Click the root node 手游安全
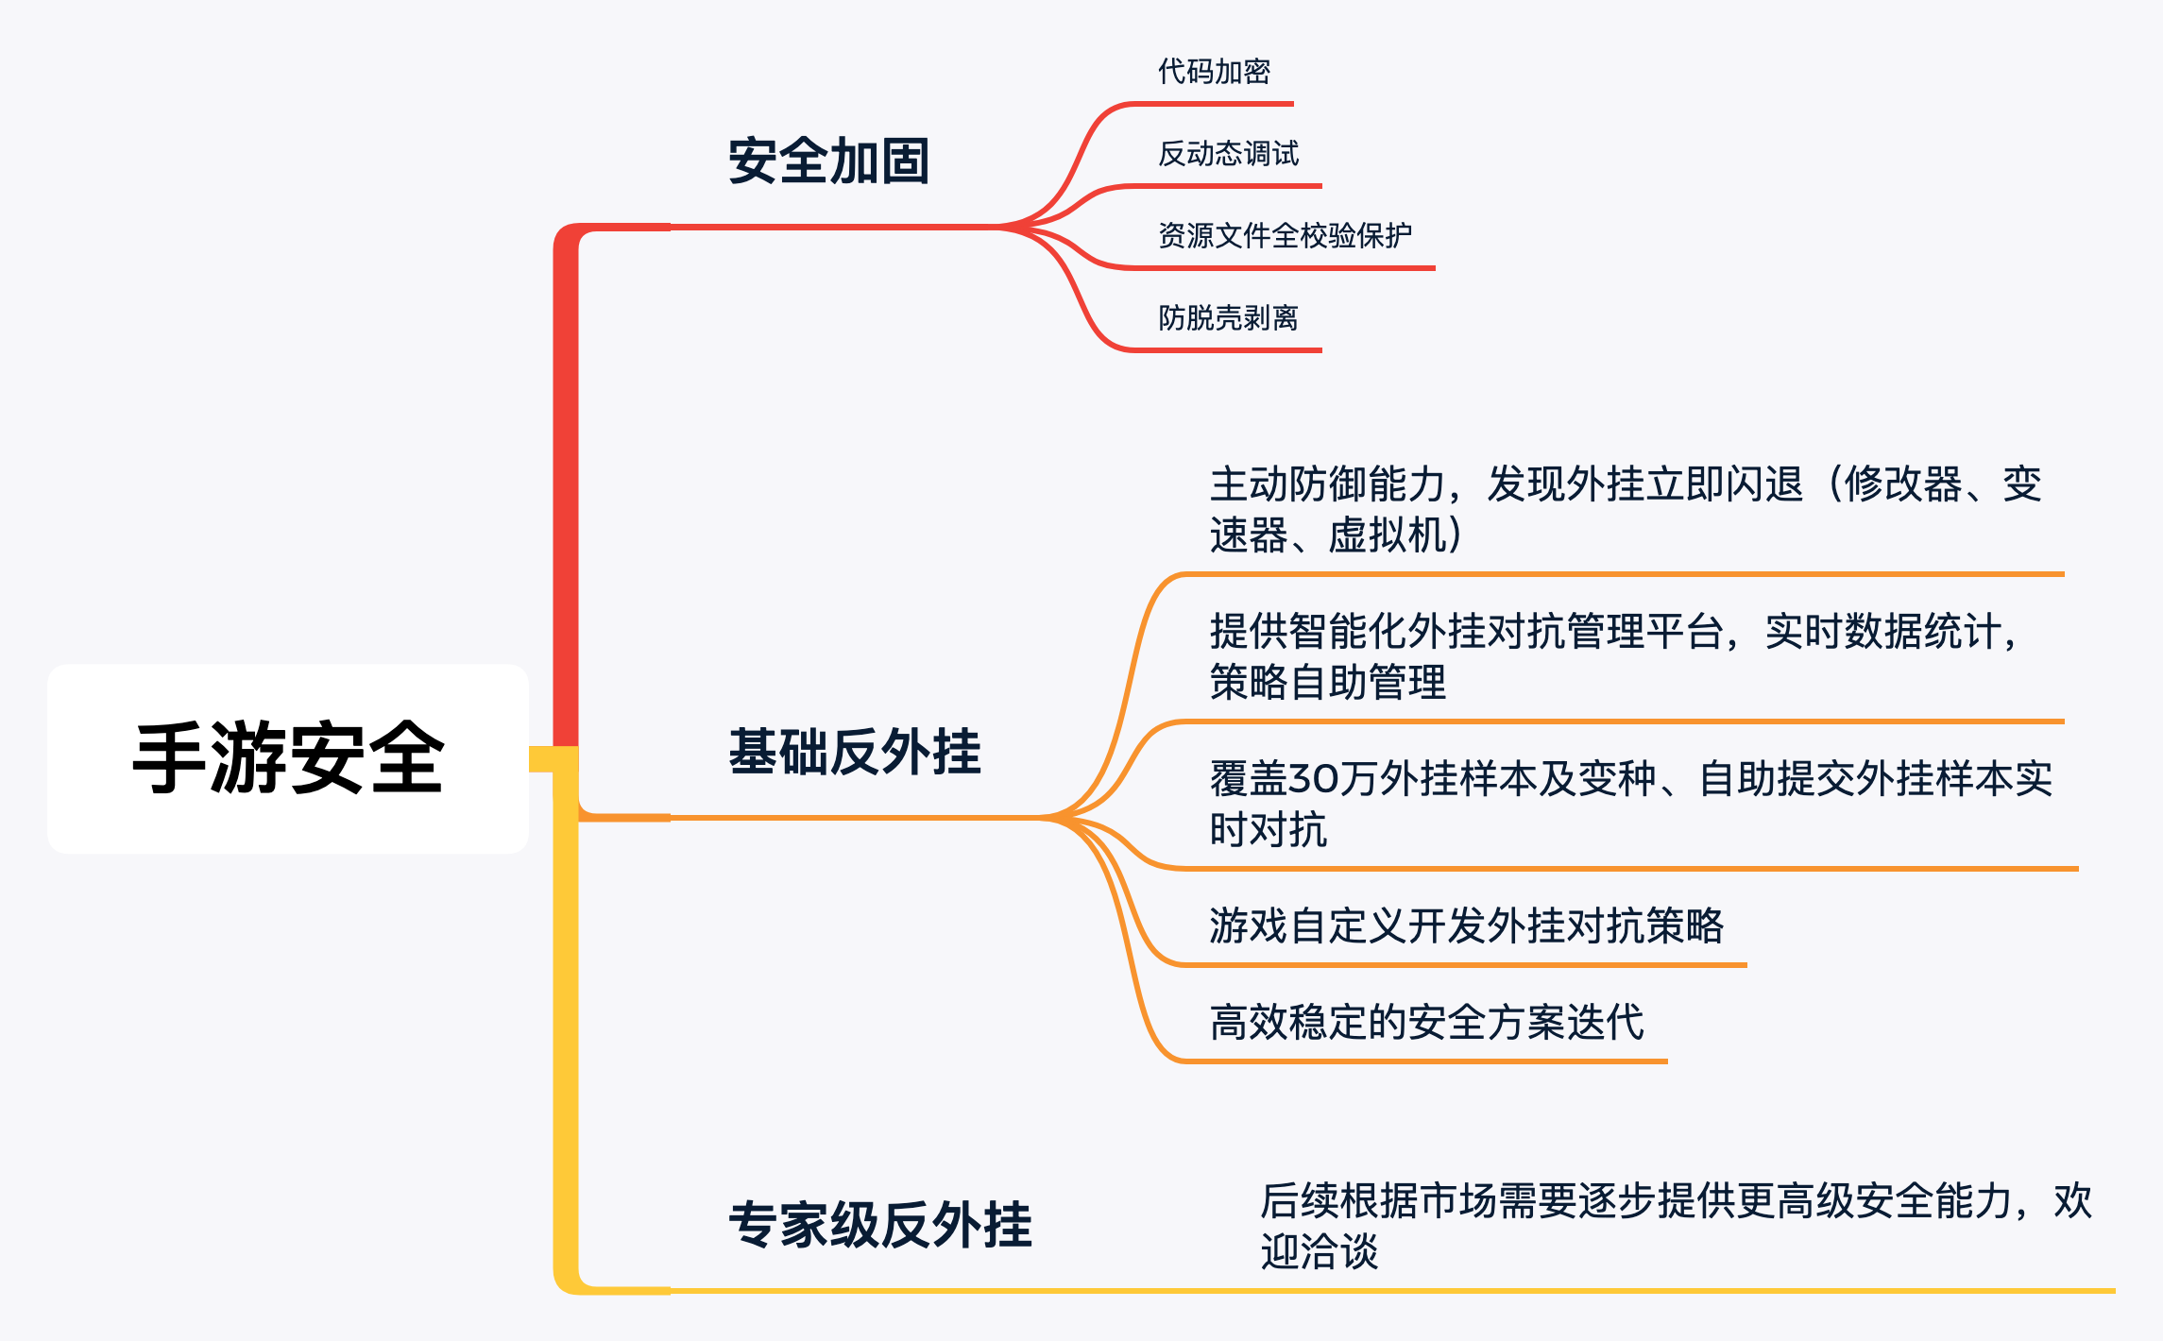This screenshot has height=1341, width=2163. pyautogui.click(x=288, y=758)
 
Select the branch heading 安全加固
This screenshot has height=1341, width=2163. pyautogui.click(x=828, y=161)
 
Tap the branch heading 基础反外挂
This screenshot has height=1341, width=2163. pyautogui.click(x=855, y=752)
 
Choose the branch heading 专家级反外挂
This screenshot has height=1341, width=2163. pyautogui.click(x=880, y=1225)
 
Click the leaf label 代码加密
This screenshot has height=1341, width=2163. pyautogui.click(x=1214, y=72)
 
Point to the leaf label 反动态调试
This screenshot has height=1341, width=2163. pyautogui.click(x=1228, y=154)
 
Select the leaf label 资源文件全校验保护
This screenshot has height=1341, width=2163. pyautogui.click(x=1285, y=235)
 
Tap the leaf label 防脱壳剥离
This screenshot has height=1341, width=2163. pyautogui.click(x=1228, y=318)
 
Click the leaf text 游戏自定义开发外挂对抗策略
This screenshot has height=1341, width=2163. pyautogui.click(x=1466, y=925)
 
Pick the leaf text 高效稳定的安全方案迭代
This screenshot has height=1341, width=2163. pyautogui.click(x=1426, y=1022)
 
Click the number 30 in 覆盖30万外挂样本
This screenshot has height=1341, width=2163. pyautogui.click(x=1308, y=779)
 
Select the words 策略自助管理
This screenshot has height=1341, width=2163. pyautogui.click(x=1327, y=682)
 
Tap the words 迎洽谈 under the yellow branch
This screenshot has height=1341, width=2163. pyautogui.click(x=1319, y=1252)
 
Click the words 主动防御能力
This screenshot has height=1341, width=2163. pyautogui.click(x=1327, y=484)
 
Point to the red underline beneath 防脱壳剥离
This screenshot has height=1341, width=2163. pyautogui.click(x=1228, y=350)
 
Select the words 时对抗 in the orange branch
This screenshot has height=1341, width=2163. pyautogui.click(x=1269, y=830)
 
